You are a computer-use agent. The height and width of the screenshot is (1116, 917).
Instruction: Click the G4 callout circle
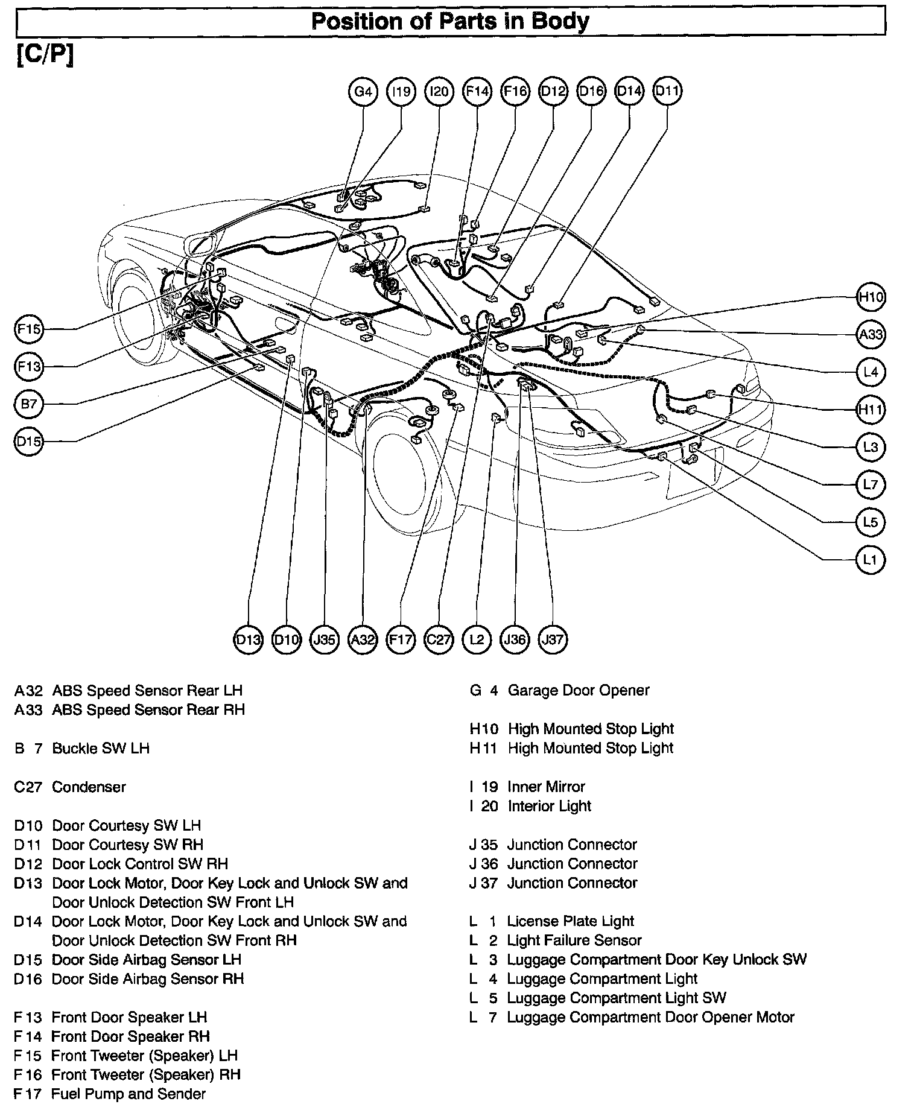click(363, 92)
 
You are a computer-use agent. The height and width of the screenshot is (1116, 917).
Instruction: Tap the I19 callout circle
click(401, 92)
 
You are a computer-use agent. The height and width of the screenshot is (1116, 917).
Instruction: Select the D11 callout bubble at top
click(667, 91)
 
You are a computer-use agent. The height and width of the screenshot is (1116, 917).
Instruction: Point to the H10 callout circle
click(871, 297)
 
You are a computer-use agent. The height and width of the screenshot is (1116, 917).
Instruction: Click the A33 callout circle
click(871, 334)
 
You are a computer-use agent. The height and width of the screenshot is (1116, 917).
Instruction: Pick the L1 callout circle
click(871, 560)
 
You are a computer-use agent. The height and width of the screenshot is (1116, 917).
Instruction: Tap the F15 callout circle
click(29, 329)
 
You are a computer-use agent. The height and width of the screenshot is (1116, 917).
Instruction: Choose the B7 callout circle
click(29, 404)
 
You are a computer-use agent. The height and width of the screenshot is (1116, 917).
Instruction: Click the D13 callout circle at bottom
click(248, 639)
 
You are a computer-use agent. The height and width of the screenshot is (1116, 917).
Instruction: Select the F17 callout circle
click(401, 639)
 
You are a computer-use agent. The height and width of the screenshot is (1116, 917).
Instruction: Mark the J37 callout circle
click(553, 639)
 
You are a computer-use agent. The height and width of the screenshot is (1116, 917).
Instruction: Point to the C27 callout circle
click(439, 639)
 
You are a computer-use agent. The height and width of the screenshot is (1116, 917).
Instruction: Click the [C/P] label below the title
click(45, 55)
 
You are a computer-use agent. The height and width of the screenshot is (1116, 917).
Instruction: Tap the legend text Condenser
click(89, 787)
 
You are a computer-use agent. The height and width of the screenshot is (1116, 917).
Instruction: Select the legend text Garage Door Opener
click(578, 690)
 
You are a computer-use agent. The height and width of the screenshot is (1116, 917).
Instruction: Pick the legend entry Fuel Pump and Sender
click(129, 1094)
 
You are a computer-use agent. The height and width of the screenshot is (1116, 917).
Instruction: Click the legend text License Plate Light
click(570, 921)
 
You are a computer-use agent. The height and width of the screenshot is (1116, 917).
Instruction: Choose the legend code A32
click(28, 690)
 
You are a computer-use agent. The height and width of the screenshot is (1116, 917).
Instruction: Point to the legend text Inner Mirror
click(546, 787)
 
